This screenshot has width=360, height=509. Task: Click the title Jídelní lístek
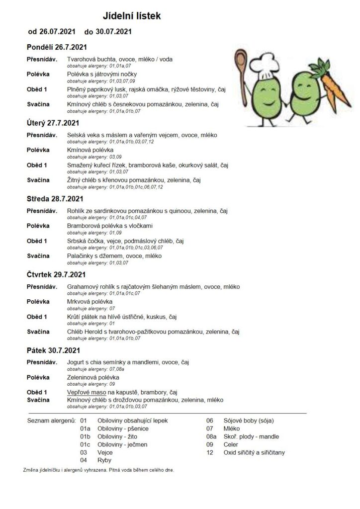pyautogui.click(x=132, y=16)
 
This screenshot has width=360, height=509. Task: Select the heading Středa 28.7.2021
pyautogui.click(x=56, y=198)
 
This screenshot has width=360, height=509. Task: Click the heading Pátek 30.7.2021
pyautogui.click(x=53, y=350)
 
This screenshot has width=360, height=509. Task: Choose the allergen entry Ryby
pyautogui.click(x=104, y=460)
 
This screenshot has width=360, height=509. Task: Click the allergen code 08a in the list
pyautogui.click(x=210, y=436)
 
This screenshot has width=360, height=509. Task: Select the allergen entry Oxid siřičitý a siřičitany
pyautogui.click(x=253, y=452)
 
